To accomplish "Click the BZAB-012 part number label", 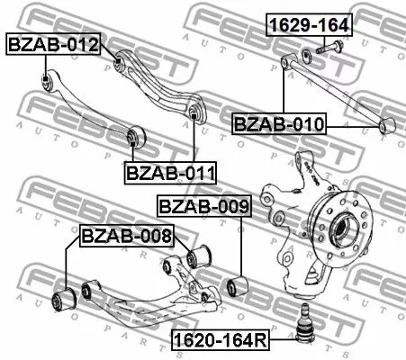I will point(53,43).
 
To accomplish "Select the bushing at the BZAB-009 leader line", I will point(240,286).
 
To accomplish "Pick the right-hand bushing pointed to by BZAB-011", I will point(195,112).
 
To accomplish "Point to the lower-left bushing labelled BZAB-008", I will point(65,297).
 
